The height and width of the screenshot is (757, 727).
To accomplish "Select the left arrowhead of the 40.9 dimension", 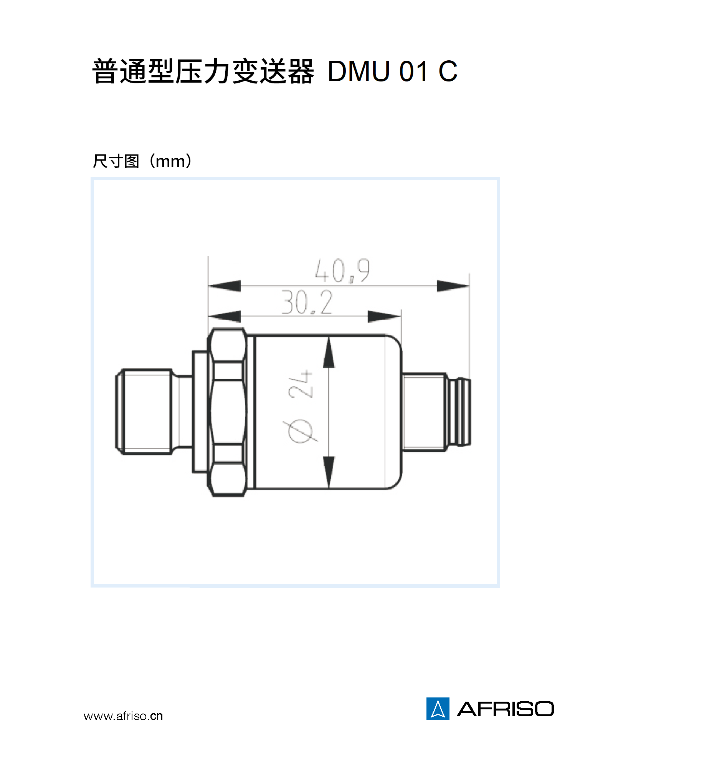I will click(x=225, y=286).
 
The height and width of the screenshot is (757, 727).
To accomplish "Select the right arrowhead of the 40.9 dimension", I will click(x=452, y=286).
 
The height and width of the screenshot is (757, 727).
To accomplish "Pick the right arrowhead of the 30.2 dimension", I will click(x=383, y=316).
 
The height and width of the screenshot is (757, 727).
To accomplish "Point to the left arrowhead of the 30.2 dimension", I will click(x=225, y=316).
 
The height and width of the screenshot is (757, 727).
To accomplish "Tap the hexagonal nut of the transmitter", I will click(x=227, y=412).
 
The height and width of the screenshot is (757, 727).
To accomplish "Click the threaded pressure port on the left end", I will click(x=144, y=411).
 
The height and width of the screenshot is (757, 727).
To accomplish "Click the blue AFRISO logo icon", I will click(x=437, y=709).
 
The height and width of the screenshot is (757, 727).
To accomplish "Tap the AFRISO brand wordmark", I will click(x=505, y=709).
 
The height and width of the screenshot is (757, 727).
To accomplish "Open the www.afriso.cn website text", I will click(x=123, y=716).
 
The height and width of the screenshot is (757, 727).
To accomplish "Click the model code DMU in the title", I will click(x=359, y=71).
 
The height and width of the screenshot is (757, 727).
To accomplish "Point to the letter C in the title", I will click(x=448, y=71).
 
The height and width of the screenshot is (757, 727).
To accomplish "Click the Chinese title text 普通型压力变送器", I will click(x=203, y=71).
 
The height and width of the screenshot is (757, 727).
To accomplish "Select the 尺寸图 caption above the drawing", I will click(x=116, y=161).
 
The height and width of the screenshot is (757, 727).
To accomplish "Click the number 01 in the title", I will click(x=413, y=71).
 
